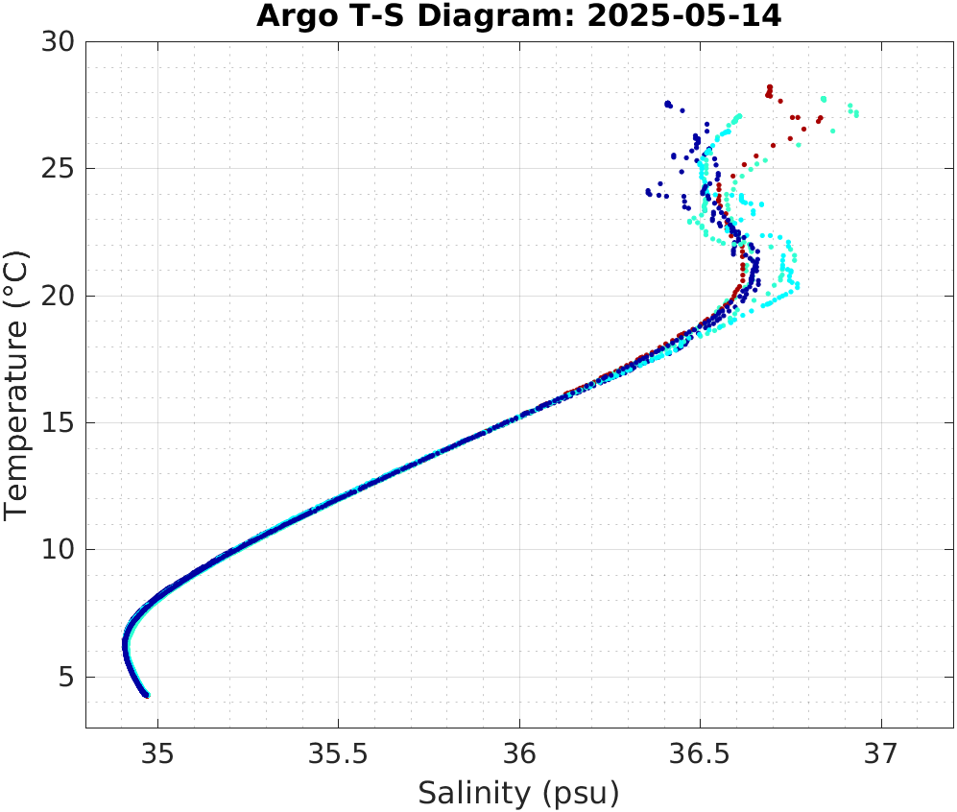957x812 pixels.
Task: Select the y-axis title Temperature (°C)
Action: click(18, 385)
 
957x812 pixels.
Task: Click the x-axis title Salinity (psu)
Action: click(518, 794)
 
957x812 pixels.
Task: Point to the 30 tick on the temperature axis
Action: click(61, 42)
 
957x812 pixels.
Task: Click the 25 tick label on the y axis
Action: click(61, 169)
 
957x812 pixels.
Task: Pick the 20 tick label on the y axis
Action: click(61, 296)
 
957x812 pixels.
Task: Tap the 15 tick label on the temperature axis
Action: click(61, 423)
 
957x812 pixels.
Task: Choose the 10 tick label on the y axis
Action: click(61, 550)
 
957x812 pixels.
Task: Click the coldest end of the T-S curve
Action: click(146, 694)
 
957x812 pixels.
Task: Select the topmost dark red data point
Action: click(770, 87)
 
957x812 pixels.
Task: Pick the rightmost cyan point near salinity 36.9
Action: click(856, 114)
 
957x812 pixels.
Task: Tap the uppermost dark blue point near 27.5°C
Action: click(668, 103)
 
